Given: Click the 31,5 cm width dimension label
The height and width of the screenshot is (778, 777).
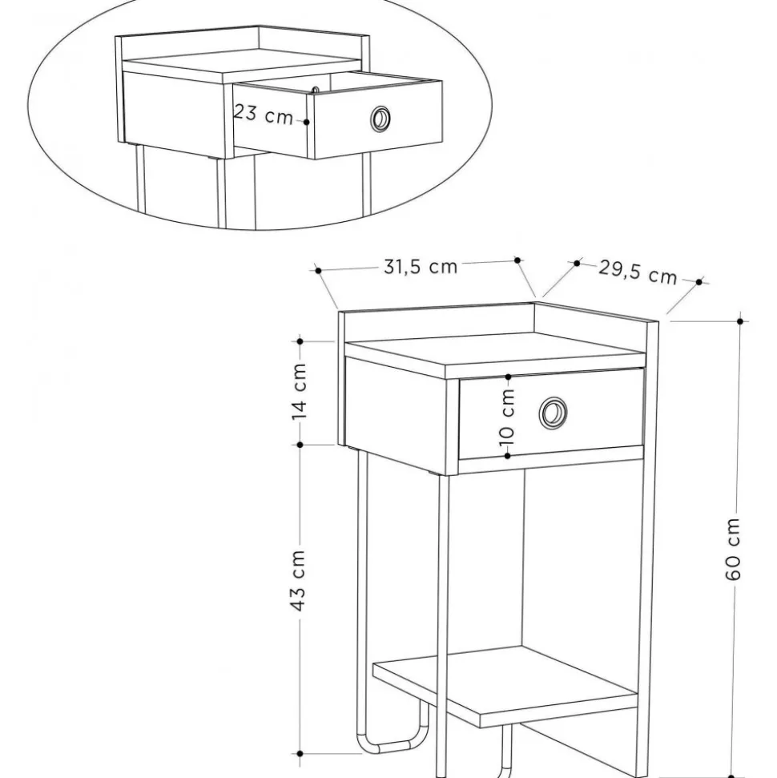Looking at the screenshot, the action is pos(421,267).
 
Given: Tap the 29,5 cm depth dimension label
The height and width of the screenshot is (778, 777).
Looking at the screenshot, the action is pos(638,272).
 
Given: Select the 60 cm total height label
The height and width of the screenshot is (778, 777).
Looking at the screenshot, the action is pos(732,549).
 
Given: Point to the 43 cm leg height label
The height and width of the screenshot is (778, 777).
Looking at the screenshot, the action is pos(297,580).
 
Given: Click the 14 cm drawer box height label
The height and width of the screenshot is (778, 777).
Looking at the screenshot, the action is pos(299,392).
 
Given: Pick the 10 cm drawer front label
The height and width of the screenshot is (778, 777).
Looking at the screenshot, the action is pos(507,417).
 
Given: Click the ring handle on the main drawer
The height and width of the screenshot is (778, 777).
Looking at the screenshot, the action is pos(553,412).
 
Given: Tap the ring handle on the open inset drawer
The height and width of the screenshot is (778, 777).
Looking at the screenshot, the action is pos(380,119).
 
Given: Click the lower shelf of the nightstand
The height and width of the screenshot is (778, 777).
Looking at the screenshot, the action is pos(505,686).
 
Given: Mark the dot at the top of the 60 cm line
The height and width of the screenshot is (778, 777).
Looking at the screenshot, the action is pos(740,321).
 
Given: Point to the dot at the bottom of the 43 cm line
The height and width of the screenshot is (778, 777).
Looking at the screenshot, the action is pos(300,754).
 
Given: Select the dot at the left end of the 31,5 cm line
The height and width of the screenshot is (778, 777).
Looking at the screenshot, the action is pos(318,270).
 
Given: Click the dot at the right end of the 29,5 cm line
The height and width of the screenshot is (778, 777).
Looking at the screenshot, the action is pos(699,282).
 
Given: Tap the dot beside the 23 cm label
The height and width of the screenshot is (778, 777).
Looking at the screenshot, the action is pos(307,122).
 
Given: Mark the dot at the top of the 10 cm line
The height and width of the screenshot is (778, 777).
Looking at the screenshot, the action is pos(508,377).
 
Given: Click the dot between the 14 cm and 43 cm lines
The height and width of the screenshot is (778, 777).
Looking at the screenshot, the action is pos(300,445).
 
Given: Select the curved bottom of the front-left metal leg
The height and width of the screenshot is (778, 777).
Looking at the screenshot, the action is pos(392,740).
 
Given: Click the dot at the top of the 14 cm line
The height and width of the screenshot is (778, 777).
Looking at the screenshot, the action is pos(300,341).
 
